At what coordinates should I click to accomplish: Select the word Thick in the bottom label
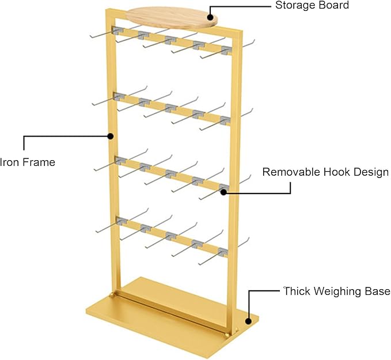(297, 291)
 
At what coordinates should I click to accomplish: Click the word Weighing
(337, 291)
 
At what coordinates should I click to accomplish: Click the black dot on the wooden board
(210, 17)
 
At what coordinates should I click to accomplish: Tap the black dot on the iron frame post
(111, 136)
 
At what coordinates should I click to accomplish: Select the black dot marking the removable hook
(223, 192)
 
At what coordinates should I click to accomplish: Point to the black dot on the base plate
(248, 321)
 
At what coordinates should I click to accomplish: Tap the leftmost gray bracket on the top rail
(117, 31)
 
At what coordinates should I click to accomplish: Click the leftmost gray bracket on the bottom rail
(122, 221)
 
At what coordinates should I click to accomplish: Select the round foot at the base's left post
(112, 295)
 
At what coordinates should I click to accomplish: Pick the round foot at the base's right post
(227, 335)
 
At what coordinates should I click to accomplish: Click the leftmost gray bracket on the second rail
(119, 97)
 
